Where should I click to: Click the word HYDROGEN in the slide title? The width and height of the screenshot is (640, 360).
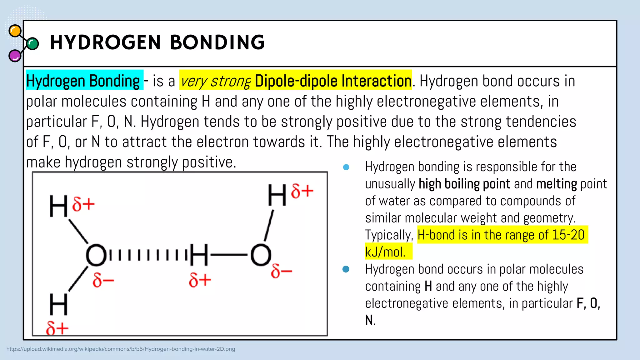[x=105, y=42]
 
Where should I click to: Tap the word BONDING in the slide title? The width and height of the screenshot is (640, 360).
[x=217, y=42]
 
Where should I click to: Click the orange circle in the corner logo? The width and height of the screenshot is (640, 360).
[x=15, y=31]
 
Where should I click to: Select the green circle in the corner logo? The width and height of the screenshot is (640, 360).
[x=32, y=44]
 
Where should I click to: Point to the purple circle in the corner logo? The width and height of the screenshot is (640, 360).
[x=15, y=56]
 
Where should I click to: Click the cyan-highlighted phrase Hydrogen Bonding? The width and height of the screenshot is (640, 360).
[x=83, y=81]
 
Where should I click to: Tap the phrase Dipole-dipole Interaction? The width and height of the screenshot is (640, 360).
[x=333, y=81]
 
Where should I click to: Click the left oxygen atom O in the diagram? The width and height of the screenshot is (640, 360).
[x=96, y=255]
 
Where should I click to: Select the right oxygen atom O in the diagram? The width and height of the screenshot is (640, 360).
[x=261, y=255]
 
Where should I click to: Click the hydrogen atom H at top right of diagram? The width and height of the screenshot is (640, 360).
[x=277, y=195]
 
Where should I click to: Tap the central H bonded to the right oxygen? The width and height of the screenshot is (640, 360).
[x=199, y=255]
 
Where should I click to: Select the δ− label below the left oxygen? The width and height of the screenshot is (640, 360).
[x=103, y=280]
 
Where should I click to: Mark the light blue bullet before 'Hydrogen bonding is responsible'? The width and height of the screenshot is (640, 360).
[x=346, y=167]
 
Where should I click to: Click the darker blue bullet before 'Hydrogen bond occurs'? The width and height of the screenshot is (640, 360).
[x=346, y=269]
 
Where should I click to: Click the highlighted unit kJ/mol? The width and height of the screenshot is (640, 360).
[x=385, y=252]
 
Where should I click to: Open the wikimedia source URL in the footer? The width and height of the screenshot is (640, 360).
[x=121, y=349]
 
